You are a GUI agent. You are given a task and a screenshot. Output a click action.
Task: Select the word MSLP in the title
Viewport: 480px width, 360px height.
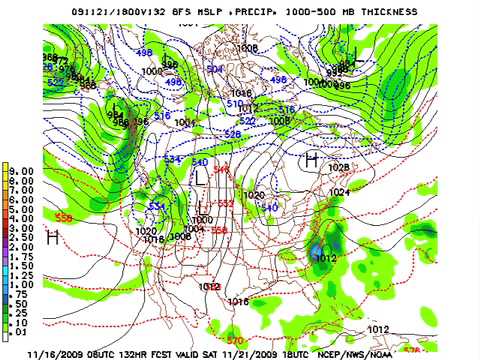pos(211,9)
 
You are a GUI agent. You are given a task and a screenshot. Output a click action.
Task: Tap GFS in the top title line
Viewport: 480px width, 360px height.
pos(180,9)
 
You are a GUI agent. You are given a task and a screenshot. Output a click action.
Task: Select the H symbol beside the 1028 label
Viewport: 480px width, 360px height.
pos(312,159)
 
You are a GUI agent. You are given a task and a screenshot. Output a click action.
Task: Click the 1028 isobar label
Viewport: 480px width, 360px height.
pos(338,168)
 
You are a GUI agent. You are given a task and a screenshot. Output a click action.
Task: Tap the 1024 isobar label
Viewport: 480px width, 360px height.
pos(340,192)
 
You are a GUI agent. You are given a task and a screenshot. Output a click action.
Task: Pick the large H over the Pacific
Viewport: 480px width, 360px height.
pos(52,237)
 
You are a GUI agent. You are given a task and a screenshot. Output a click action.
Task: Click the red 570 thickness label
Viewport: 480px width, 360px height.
pos(235,340)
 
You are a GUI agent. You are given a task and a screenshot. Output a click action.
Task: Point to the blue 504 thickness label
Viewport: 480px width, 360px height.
pos(214,70)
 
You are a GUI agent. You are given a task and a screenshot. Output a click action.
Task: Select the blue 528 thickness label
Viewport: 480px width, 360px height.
pos(232,133)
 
